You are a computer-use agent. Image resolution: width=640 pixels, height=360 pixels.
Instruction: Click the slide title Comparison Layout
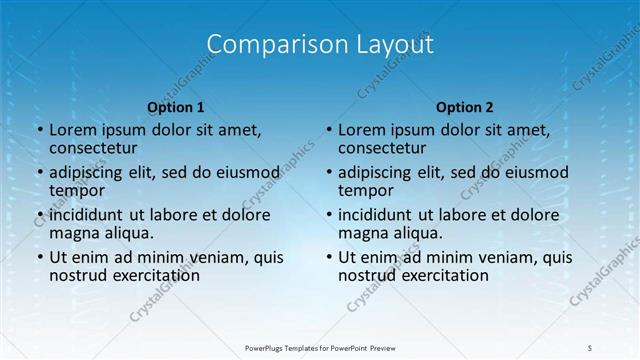(320, 44)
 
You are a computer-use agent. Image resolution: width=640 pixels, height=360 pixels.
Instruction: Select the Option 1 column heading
(176, 107)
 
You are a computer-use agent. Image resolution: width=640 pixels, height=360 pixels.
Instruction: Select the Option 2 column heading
(465, 107)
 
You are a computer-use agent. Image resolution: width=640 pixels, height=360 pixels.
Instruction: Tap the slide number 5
(590, 347)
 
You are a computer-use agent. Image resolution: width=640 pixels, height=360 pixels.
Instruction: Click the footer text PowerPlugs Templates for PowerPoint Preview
(320, 347)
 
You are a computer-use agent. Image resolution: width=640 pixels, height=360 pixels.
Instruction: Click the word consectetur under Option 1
(93, 149)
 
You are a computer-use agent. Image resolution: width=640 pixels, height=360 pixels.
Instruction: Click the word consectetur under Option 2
(382, 149)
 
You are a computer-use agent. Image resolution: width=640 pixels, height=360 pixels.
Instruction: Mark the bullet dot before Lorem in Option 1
(39, 130)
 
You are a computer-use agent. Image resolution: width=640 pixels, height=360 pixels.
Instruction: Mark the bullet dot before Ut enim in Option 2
(328, 256)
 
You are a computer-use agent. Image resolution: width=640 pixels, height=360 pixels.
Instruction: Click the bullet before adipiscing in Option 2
(328, 172)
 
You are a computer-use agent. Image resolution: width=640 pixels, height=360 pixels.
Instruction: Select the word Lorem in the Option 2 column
(361, 130)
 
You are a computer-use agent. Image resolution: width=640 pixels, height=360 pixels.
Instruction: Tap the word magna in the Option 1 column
(73, 233)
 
